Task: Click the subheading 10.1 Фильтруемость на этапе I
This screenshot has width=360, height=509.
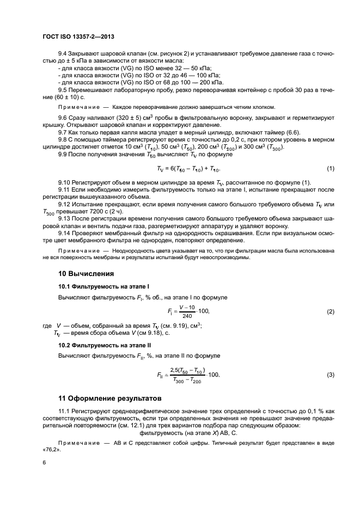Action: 103,286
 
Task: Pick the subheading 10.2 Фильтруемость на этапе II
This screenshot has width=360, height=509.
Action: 105,345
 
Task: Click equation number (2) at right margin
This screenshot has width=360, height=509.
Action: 330,311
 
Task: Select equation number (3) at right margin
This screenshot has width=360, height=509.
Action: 330,375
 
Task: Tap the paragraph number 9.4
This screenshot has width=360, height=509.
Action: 63,55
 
